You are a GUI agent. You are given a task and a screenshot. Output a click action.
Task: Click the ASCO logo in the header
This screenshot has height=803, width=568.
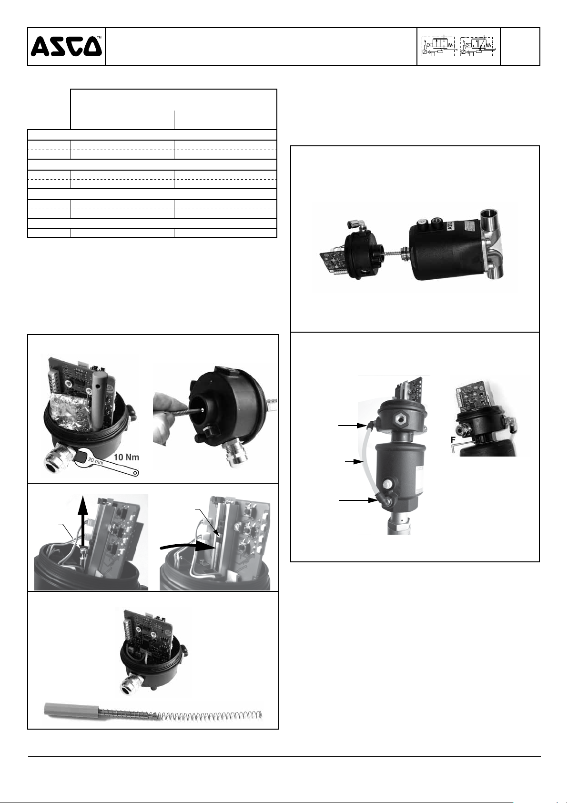pyautogui.click(x=66, y=46)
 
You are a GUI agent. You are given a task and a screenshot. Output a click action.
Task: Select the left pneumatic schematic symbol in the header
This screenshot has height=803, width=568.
pyautogui.click(x=438, y=46)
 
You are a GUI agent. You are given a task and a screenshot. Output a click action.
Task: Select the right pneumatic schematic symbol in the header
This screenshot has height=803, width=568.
pyautogui.click(x=477, y=46)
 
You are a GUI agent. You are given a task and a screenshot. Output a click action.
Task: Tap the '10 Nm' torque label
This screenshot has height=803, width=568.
pyautogui.click(x=126, y=457)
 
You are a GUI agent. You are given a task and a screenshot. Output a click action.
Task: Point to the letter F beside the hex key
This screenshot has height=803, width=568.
pyautogui.click(x=453, y=439)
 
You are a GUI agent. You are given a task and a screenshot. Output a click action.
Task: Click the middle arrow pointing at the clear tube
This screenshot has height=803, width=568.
pyautogui.click(x=354, y=462)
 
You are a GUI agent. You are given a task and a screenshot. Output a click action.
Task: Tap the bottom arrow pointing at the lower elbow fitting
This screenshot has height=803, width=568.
pyautogui.click(x=357, y=500)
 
